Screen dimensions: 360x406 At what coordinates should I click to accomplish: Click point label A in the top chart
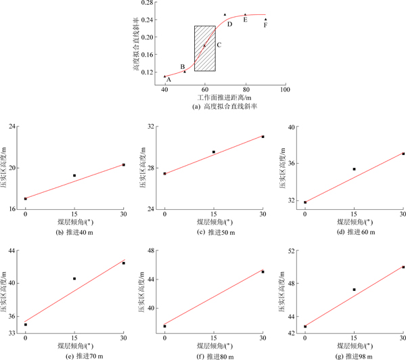168,80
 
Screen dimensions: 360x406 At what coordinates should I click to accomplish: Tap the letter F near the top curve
266,25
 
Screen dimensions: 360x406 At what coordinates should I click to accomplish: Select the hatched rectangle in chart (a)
205,48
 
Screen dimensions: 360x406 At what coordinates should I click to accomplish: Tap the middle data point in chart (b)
74,175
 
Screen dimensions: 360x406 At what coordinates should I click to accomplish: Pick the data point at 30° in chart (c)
263,137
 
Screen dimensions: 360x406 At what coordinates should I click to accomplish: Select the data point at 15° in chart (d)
354,169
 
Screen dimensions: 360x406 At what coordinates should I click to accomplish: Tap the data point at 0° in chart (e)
26,325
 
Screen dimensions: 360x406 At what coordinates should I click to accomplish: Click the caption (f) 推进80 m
214,356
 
